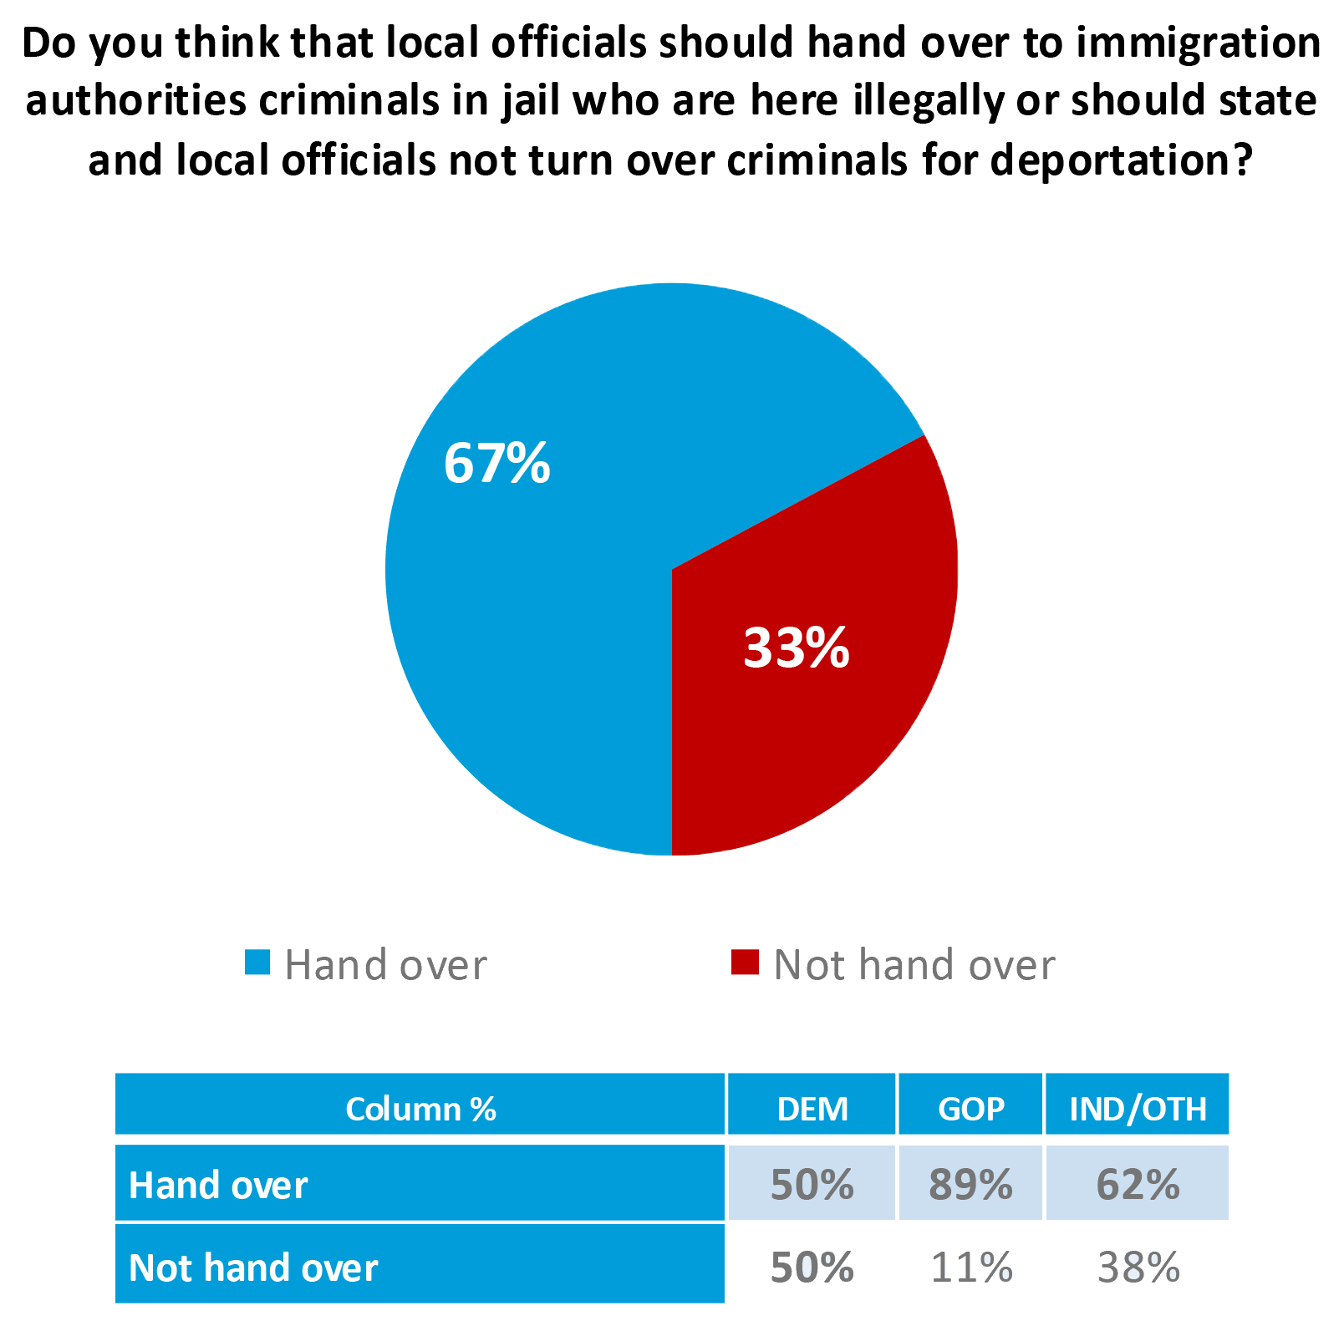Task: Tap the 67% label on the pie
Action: coord(496,463)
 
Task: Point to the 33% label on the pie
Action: coord(796,648)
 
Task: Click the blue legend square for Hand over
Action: coord(257,963)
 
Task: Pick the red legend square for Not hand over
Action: coord(744,963)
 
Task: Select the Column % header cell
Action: coord(420,1109)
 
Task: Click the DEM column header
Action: coord(812,1109)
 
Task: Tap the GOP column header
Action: coord(971,1109)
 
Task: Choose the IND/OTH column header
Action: coord(1138,1109)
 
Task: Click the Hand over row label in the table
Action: coord(219,1185)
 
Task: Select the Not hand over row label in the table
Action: coord(253,1268)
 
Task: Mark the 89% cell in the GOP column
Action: coord(971,1185)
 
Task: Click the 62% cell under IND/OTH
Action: coord(1138,1185)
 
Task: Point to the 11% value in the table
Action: coord(971,1268)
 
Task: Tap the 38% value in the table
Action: coord(1138,1268)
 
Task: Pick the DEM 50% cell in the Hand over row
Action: coord(812,1185)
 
